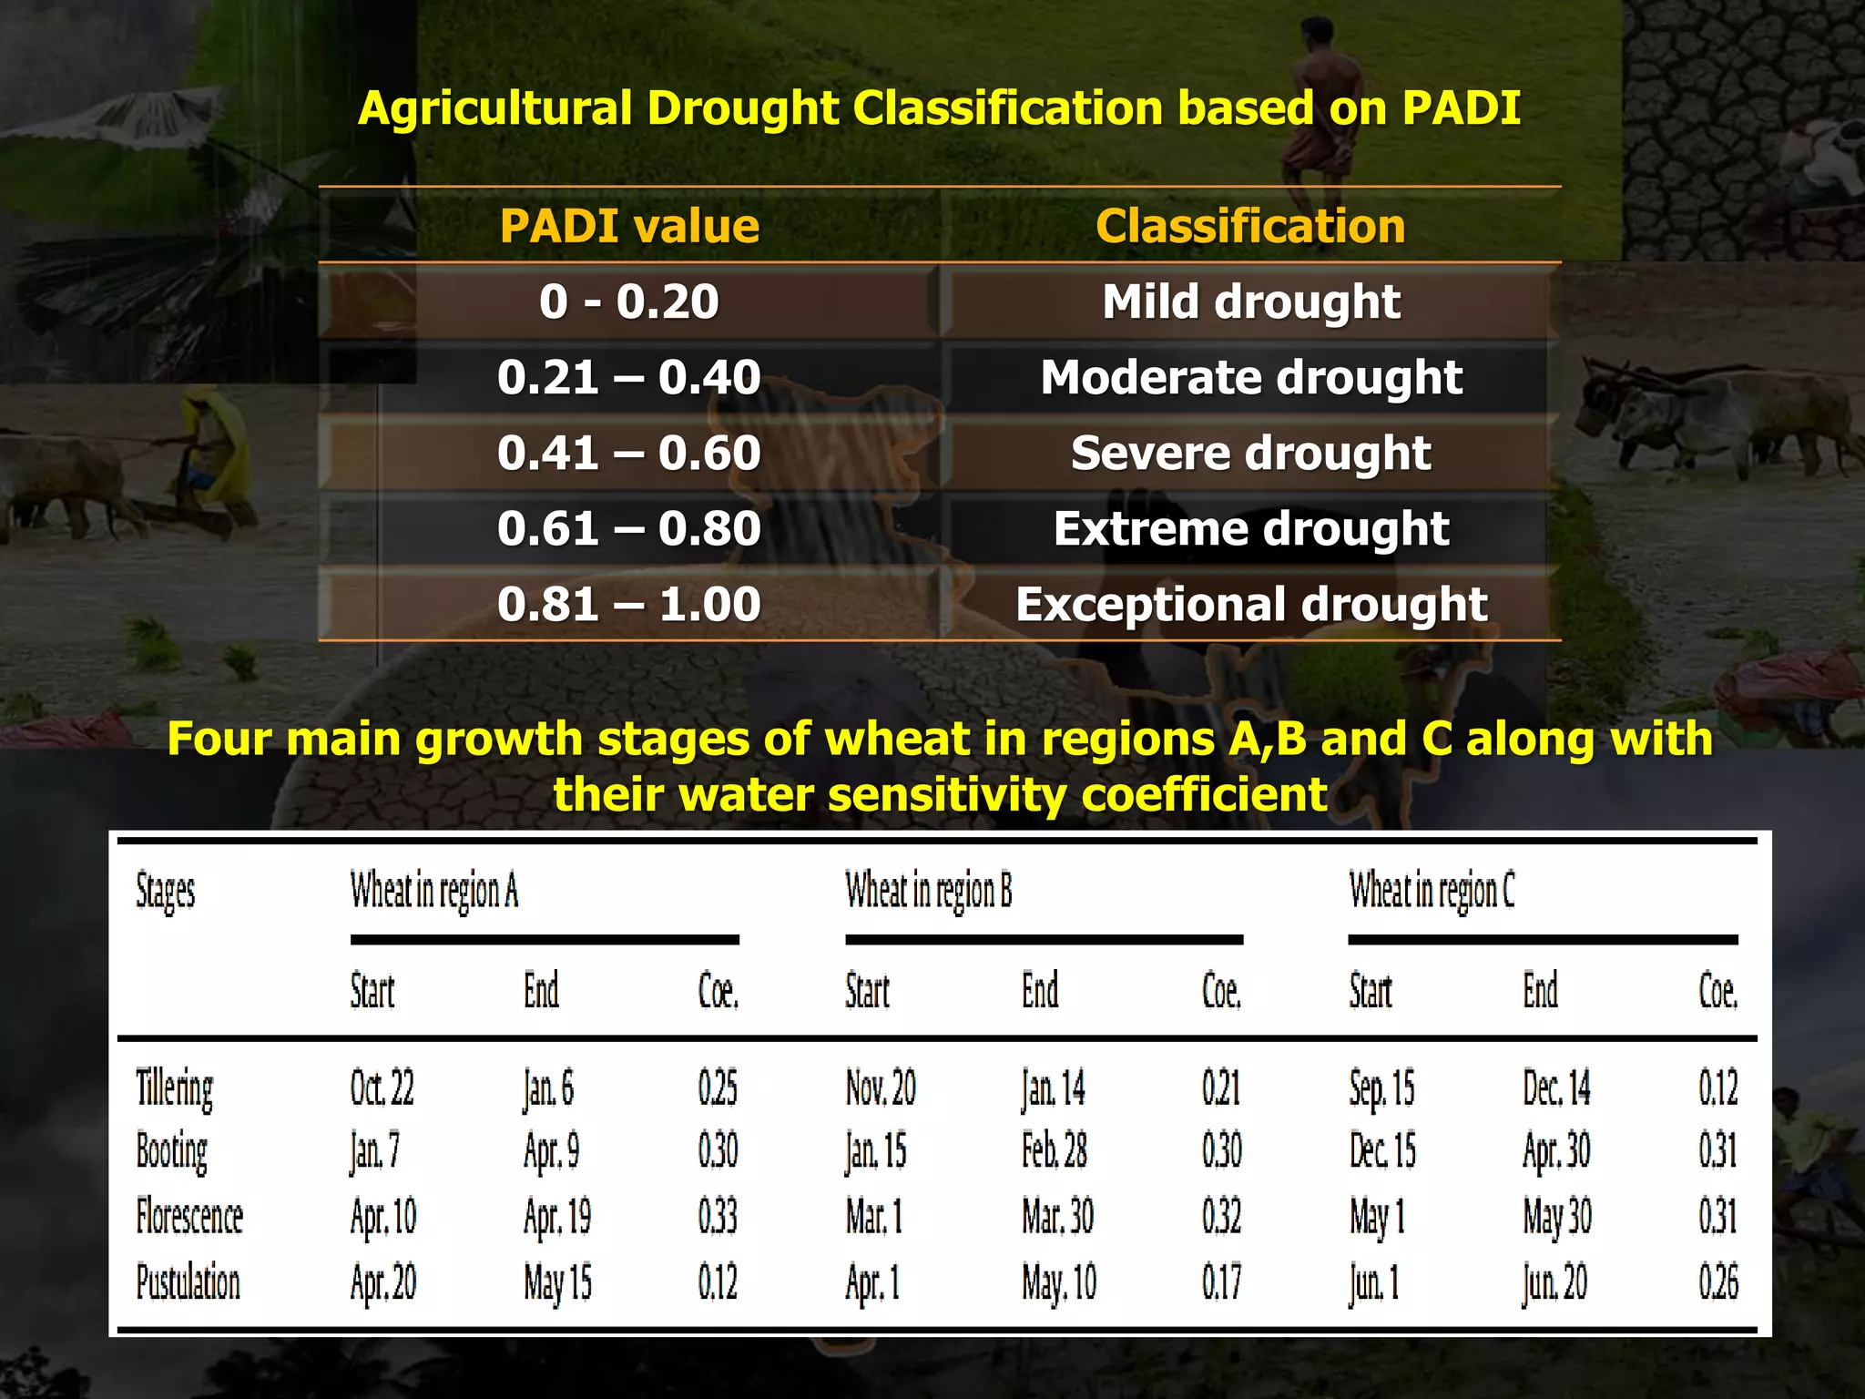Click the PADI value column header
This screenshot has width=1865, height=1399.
pos(628,226)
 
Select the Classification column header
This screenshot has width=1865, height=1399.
pos(1250,226)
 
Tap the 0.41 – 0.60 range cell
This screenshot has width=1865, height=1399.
pos(628,453)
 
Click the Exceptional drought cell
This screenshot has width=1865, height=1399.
pos(1250,604)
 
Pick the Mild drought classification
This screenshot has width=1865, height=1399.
pos(1250,301)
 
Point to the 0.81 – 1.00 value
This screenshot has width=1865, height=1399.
pos(628,604)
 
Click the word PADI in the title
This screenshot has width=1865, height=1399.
pos(1461,107)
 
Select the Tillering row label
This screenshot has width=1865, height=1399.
pos(174,1088)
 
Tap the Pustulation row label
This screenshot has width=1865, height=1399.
pos(188,1282)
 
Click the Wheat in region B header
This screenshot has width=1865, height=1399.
pos(928,891)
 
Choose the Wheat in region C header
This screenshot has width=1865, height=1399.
pos(1432,891)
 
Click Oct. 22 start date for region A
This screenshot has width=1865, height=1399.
pos(382,1088)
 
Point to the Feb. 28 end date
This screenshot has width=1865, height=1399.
pos(1054,1151)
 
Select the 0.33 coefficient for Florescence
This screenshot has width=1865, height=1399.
pos(718,1217)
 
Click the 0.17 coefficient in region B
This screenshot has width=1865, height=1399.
pos(1221,1282)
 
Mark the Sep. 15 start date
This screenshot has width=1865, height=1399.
pos(1381,1088)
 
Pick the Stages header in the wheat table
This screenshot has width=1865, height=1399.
pos(165,891)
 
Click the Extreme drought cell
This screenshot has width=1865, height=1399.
pos(1250,528)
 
